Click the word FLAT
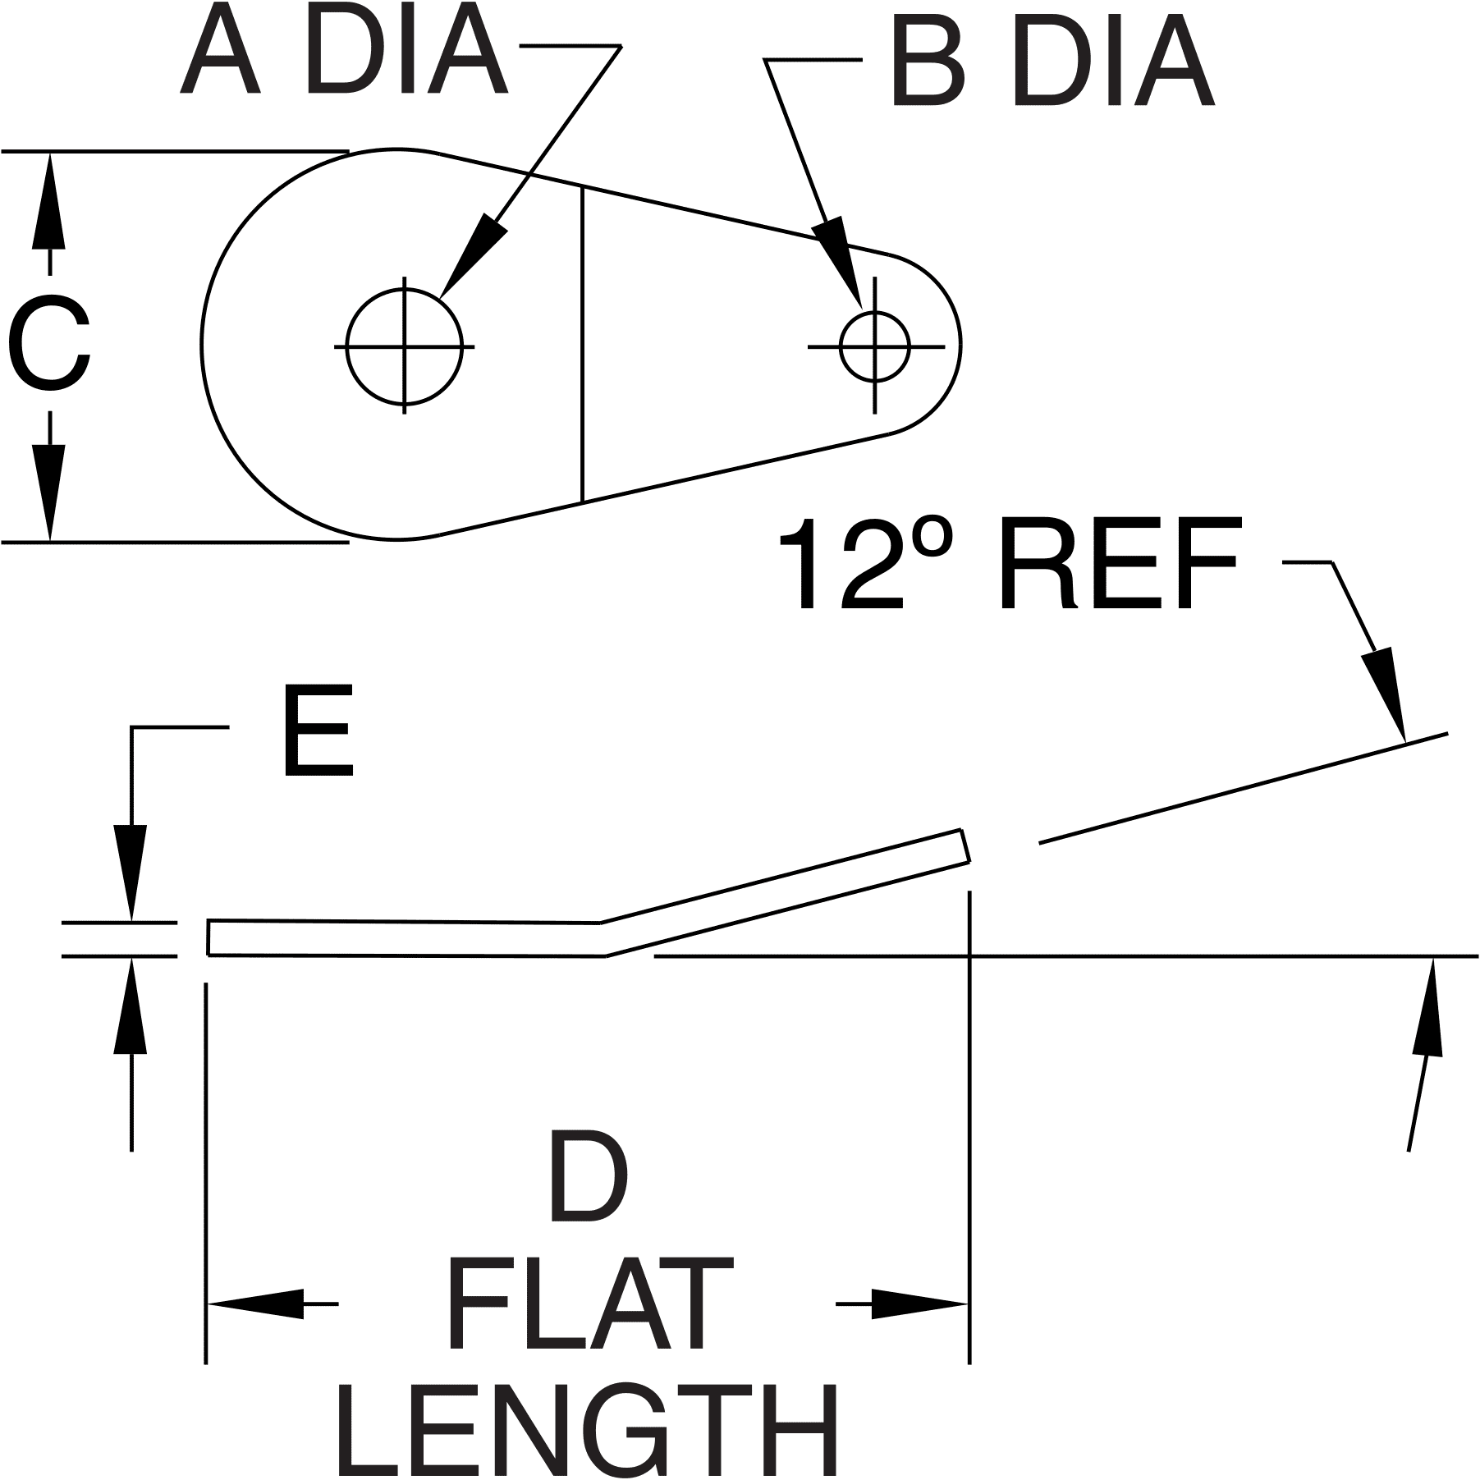click(x=589, y=1305)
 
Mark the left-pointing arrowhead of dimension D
click(x=254, y=1303)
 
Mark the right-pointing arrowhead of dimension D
click(x=919, y=1303)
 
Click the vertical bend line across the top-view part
click(x=583, y=345)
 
